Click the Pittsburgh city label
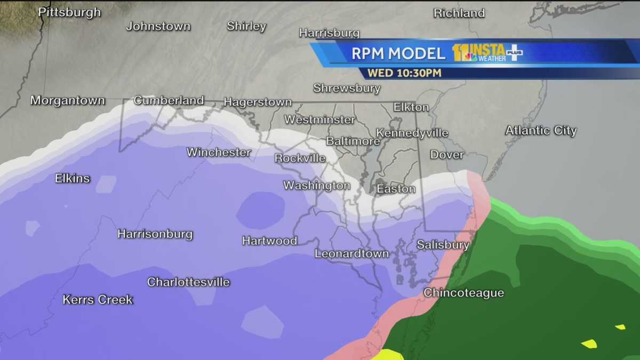[x=70, y=12]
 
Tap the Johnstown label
[x=158, y=26]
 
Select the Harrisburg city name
[x=329, y=33]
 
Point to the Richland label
[x=459, y=13]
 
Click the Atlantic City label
[x=541, y=131]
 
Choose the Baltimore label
[x=353, y=141]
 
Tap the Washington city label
[x=316, y=186]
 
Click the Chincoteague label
[x=463, y=293]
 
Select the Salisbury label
[x=443, y=245]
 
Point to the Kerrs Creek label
[x=98, y=300]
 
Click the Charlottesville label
[x=188, y=282]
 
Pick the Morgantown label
[x=68, y=100]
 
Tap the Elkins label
[x=73, y=179]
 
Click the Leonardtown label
[x=351, y=254]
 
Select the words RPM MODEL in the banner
[x=398, y=53]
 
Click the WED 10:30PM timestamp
[x=404, y=73]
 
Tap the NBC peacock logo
[x=470, y=57]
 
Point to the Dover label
[x=447, y=155]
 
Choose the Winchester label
[x=219, y=153]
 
